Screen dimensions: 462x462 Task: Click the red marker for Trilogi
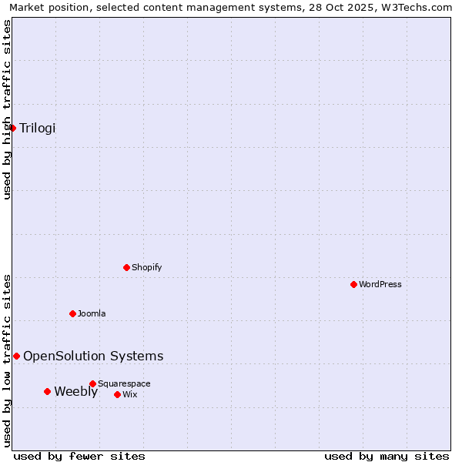pyautogui.click(x=13, y=128)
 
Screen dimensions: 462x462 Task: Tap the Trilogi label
pyautogui.click(x=38, y=128)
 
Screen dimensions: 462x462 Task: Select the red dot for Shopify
pyautogui.click(x=126, y=267)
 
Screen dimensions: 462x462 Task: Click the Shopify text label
pyautogui.click(x=146, y=267)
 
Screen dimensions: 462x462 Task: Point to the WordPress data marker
pyautogui.click(x=353, y=284)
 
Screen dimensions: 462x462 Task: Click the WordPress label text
pyautogui.click(x=380, y=284)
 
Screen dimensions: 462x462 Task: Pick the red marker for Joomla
pyautogui.click(x=72, y=313)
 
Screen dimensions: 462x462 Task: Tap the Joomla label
pyautogui.click(x=92, y=313)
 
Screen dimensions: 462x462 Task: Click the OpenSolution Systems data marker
pyautogui.click(x=16, y=356)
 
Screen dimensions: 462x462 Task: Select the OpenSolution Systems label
pyautogui.click(x=93, y=356)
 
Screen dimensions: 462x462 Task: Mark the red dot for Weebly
pyautogui.click(x=47, y=391)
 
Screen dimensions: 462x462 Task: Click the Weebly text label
pyautogui.click(x=75, y=391)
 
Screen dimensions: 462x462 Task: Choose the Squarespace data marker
pyautogui.click(x=92, y=383)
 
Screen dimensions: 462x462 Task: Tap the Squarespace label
pyautogui.click(x=124, y=383)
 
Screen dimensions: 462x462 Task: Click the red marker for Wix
pyautogui.click(x=117, y=394)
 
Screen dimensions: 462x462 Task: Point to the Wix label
pyautogui.click(x=130, y=394)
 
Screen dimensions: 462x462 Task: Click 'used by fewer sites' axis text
pyautogui.click(x=79, y=456)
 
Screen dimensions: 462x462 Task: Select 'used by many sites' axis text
pyautogui.click(x=387, y=456)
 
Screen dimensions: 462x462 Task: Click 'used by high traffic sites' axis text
pyautogui.click(x=7, y=109)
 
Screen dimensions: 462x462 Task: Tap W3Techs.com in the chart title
pyautogui.click(x=415, y=7)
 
